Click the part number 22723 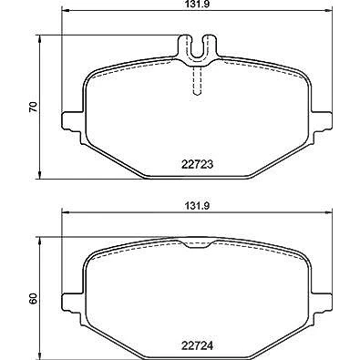(x=198, y=164)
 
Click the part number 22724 (x=198, y=345)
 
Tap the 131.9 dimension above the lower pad (x=198, y=206)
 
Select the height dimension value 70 (x=33, y=107)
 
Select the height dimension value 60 (x=33, y=298)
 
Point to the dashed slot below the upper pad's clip (x=198, y=80)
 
